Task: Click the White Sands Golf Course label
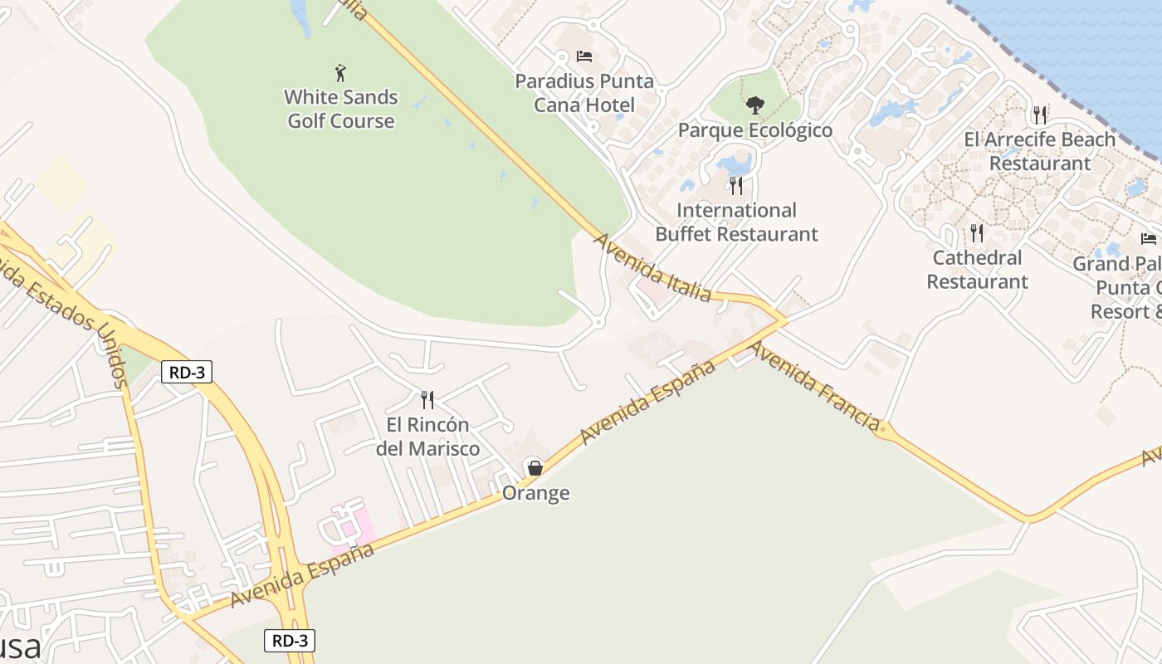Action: click(340, 109)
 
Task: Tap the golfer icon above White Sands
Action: click(340, 73)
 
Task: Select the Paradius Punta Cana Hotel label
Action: click(584, 93)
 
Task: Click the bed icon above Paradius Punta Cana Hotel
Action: click(584, 56)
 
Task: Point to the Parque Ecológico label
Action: click(754, 130)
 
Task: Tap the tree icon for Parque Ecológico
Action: click(754, 105)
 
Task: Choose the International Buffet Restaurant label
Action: click(736, 222)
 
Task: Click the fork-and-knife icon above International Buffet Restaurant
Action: click(736, 184)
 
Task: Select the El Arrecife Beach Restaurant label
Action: click(1040, 151)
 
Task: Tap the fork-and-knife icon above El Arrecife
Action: click(1040, 115)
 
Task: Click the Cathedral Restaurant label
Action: click(977, 269)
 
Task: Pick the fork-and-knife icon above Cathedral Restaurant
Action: click(977, 233)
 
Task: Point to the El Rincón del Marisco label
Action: click(427, 437)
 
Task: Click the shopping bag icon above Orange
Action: click(535, 468)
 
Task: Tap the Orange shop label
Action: click(535, 493)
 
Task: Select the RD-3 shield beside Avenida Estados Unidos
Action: click(187, 372)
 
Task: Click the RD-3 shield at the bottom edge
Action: click(290, 641)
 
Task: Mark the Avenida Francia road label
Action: click(814, 385)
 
